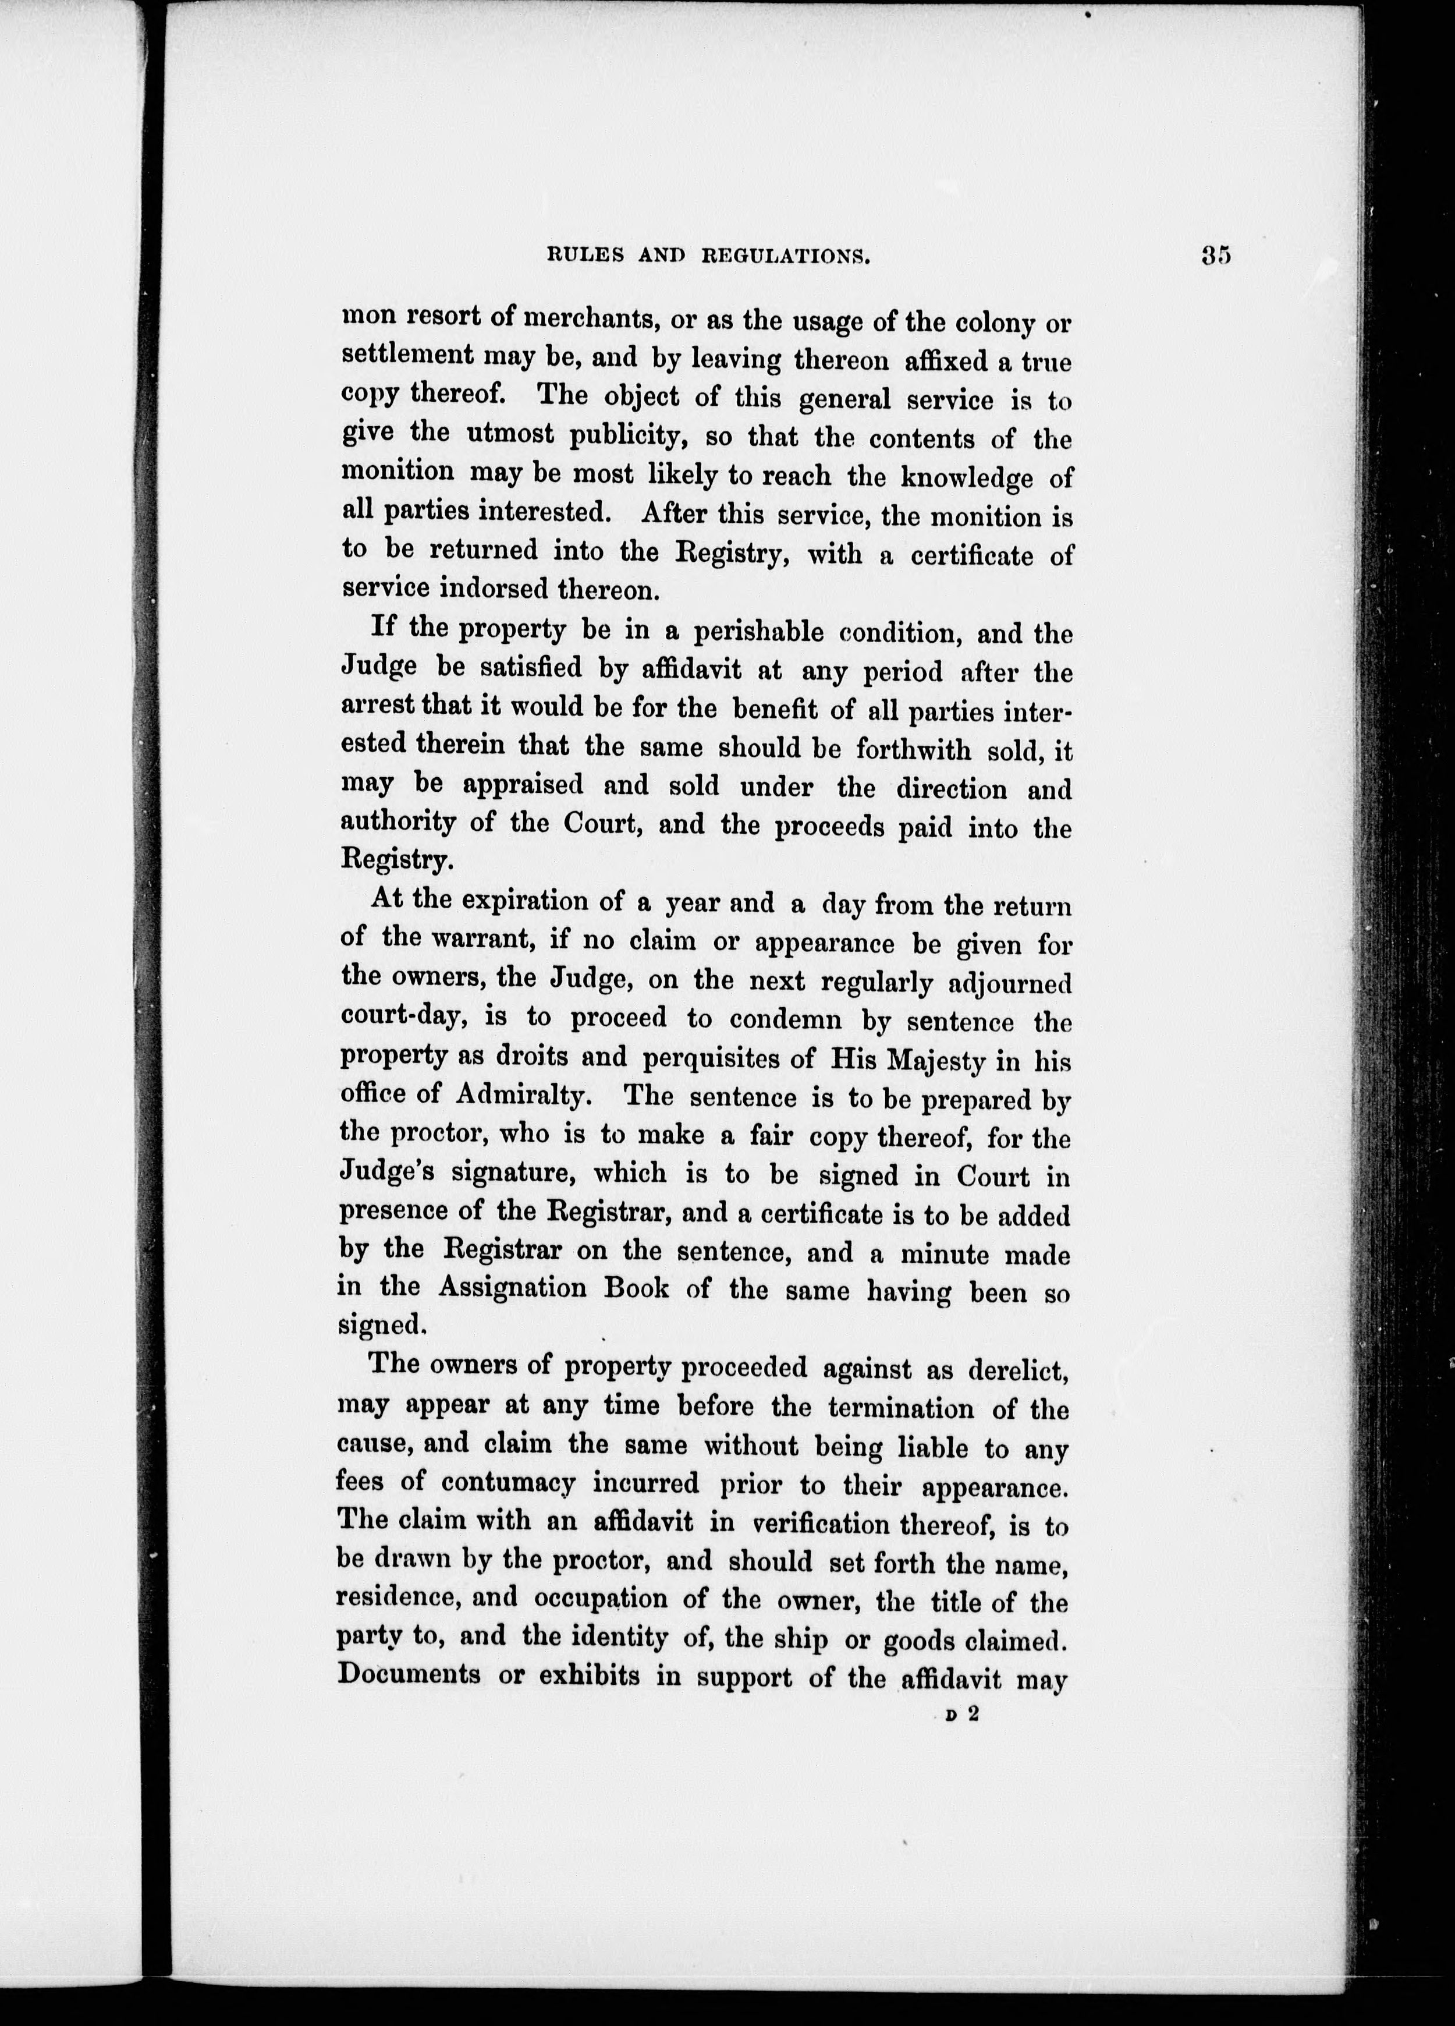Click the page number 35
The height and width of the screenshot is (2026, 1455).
pyautogui.click(x=1216, y=256)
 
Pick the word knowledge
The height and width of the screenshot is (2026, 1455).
pyautogui.click(x=966, y=478)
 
